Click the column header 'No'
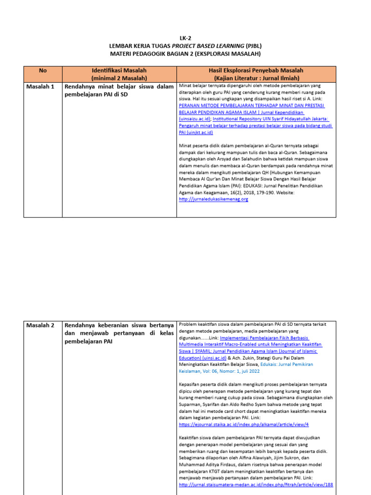pyautogui.click(x=43, y=71)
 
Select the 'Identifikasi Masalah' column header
pyautogui.click(x=119, y=71)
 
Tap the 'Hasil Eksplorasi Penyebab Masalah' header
pyautogui.click(x=257, y=71)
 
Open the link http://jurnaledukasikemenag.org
pyautogui.click(x=213, y=199)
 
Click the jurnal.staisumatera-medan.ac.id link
pyautogui.click(x=256, y=484)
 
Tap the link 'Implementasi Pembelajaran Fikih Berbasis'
pyautogui.click(x=264, y=338)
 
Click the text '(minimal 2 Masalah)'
pyautogui.click(x=119, y=77)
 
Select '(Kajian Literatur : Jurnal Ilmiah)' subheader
pyautogui.click(x=257, y=77)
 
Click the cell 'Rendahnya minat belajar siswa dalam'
pyautogui.click(x=119, y=87)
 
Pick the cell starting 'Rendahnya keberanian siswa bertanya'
pyautogui.click(x=119, y=325)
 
